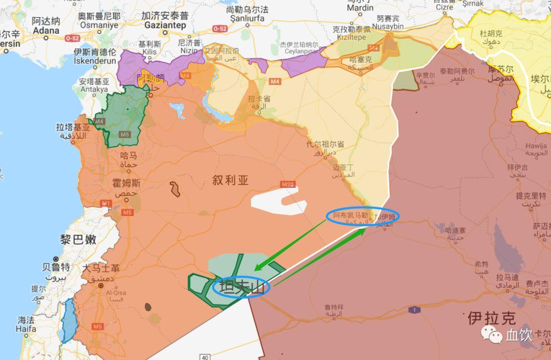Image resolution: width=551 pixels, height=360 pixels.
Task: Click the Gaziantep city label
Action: coord(166,25)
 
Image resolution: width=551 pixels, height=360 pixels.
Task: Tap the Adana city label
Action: coord(46,30)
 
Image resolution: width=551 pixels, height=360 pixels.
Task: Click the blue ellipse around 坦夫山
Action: coord(241,287)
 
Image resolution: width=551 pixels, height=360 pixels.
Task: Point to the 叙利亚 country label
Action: coord(231,180)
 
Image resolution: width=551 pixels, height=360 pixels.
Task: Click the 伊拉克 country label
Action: coord(492,318)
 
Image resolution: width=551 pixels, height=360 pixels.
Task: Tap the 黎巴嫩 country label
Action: coord(78,240)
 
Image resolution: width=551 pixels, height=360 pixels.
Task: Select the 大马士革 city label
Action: coord(102,268)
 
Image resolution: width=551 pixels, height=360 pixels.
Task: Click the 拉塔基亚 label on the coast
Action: coord(73,127)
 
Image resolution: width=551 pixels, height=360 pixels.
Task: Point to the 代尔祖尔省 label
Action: coord(325,145)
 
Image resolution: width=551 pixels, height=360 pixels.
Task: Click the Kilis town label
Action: coord(150,52)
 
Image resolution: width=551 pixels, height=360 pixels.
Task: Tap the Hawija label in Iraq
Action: coord(536,146)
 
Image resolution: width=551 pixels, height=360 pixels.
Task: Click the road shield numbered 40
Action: coord(205,357)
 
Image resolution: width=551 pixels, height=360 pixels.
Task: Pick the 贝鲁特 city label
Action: coord(56,267)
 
